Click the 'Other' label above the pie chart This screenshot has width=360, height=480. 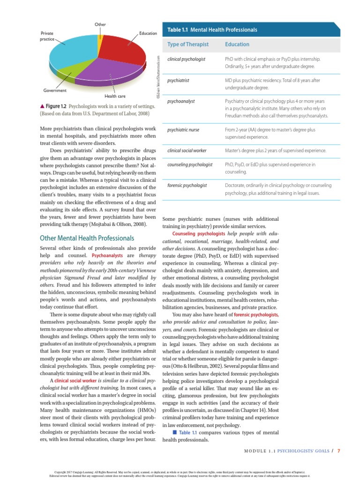[100, 24]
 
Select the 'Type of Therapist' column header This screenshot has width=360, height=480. [187, 45]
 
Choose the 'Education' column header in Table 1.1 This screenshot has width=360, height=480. [237, 45]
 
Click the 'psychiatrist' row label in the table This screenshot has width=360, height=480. [178, 81]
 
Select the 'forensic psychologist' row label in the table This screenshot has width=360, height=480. [187, 186]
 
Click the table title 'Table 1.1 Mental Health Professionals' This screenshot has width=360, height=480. [212, 30]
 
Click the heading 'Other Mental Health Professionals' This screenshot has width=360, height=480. [87, 238]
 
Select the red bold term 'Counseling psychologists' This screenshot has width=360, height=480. [198, 233]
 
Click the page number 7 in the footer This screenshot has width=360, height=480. [338, 452]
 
